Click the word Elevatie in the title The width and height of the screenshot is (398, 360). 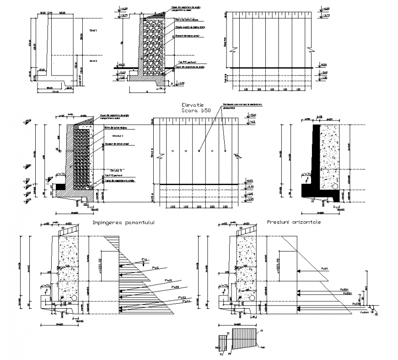coord(193,105)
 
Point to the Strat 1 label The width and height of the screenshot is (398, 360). coord(94,30)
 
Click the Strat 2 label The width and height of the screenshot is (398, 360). coord(94,60)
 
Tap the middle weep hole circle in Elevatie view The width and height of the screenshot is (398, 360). coord(199,151)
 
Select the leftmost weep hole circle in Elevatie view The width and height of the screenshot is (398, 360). coord(172,151)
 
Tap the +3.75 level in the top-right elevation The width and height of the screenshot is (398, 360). coord(325,15)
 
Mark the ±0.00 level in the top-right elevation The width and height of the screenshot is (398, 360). coord(324,65)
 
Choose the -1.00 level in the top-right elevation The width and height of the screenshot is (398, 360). coord(324,78)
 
